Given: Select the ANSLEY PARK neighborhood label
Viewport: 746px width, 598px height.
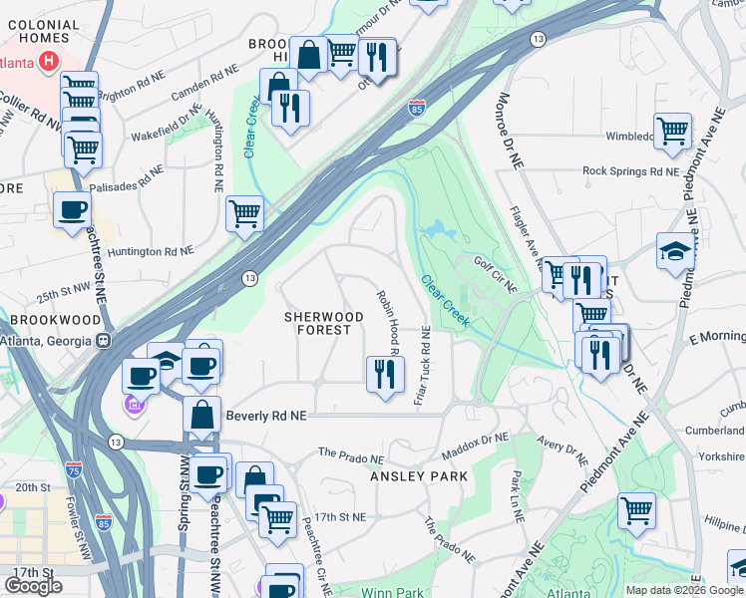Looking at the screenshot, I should [419, 477].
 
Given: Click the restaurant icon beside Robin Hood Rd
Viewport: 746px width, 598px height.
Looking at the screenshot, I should [385, 375].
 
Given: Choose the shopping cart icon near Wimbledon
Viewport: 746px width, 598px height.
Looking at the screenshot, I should [673, 130].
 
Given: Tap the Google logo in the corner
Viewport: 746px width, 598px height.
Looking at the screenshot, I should [33, 586].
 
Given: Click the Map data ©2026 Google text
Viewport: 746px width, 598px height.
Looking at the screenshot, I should [684, 590].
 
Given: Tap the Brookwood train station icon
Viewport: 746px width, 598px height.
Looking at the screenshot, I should [103, 339].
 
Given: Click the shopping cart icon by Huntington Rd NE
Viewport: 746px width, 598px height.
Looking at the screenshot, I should [244, 212].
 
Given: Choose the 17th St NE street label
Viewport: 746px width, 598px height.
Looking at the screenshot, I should [340, 517].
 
